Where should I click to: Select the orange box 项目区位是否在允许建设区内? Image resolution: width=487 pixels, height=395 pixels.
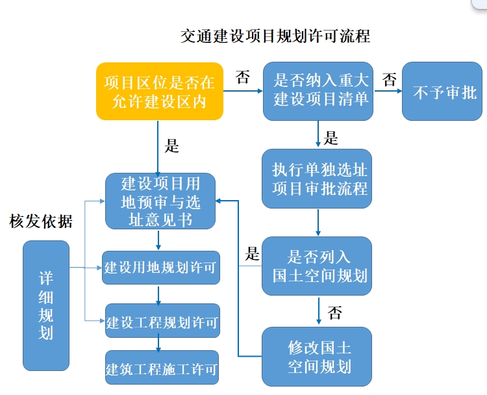point(159,92)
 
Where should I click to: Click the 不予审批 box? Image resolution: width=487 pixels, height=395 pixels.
point(444,92)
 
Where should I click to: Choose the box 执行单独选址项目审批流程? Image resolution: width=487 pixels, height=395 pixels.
point(318,179)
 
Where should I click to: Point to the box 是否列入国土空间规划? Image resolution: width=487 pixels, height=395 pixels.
point(318,266)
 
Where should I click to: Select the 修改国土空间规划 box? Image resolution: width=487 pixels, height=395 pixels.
point(318,357)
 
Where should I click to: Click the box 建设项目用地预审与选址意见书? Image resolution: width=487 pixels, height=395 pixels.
point(160,201)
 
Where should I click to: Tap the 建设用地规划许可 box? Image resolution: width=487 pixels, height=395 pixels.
point(160,268)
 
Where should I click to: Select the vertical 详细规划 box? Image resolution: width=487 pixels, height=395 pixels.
point(45,305)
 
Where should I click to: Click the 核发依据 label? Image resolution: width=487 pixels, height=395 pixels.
point(40,222)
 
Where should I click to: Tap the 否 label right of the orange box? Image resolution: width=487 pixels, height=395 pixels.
point(242,79)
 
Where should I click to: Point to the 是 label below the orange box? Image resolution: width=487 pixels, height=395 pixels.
point(171,146)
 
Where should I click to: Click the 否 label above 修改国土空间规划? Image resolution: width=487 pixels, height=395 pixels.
point(334,313)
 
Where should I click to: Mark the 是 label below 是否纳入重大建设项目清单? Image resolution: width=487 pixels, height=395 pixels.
point(331,138)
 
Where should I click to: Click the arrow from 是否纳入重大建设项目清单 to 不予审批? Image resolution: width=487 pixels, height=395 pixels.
point(388,92)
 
